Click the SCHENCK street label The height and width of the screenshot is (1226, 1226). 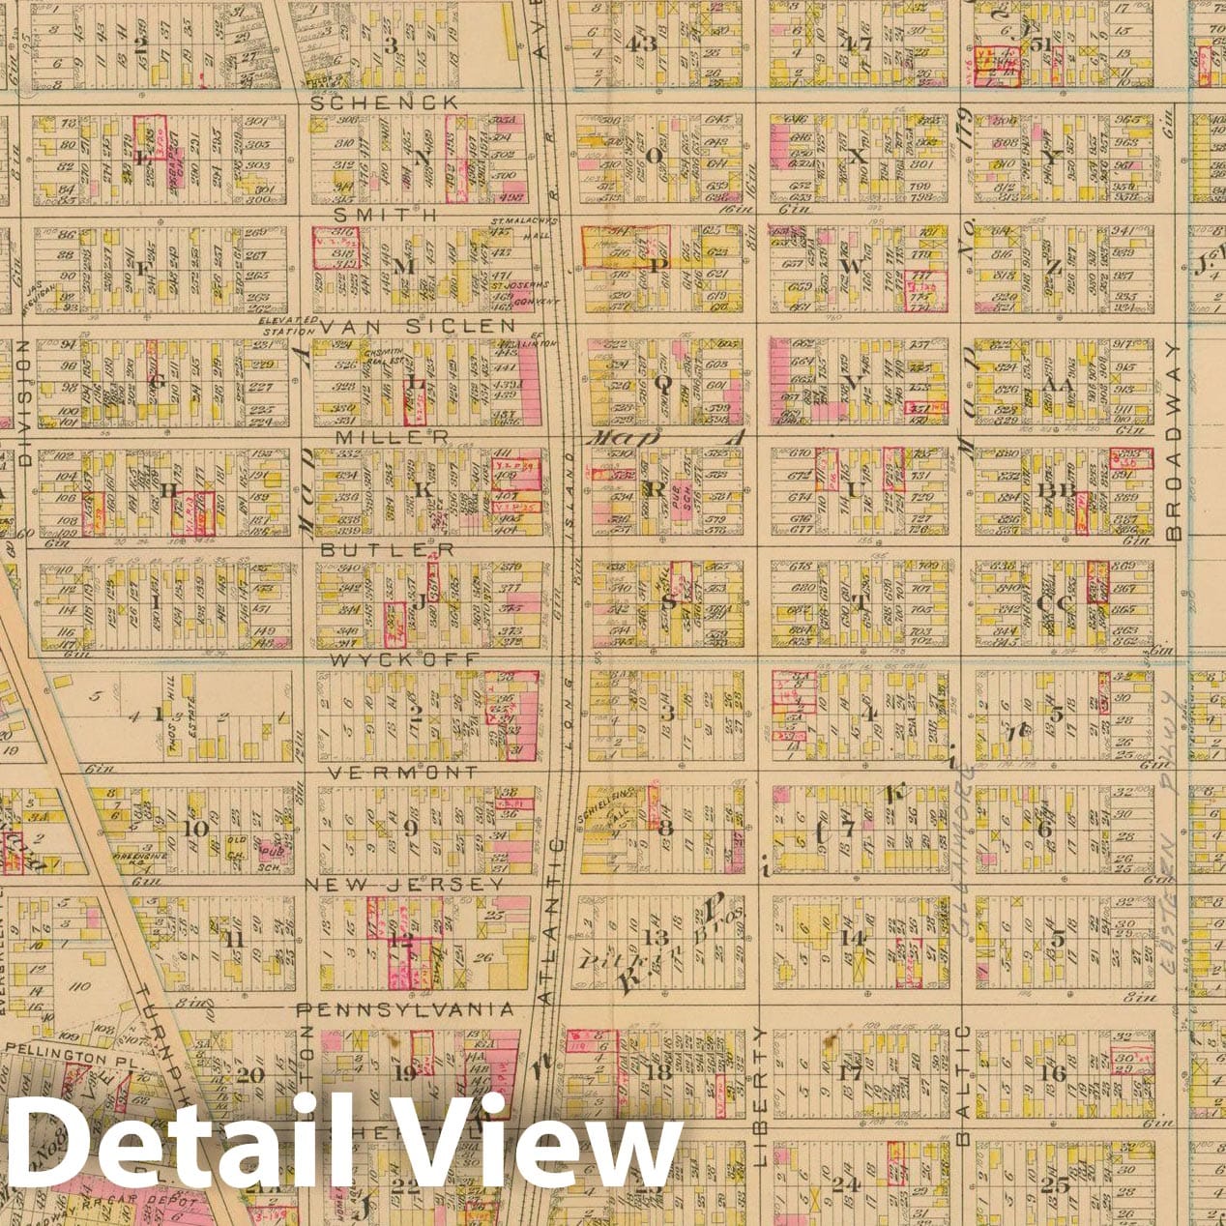click(384, 102)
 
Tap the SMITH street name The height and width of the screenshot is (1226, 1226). click(385, 214)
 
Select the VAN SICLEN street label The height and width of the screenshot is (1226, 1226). click(417, 327)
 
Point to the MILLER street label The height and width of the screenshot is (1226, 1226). click(393, 437)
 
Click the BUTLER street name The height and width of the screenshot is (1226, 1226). click(388, 549)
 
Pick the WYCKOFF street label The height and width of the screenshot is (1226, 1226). click(403, 659)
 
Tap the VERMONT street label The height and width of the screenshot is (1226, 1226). click(402, 773)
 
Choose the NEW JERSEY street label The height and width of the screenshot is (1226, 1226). click(404, 884)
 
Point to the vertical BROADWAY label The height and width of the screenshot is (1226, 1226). click(1174, 441)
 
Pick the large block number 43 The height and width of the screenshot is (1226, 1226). click(640, 44)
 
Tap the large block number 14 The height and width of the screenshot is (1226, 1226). click(852, 937)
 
